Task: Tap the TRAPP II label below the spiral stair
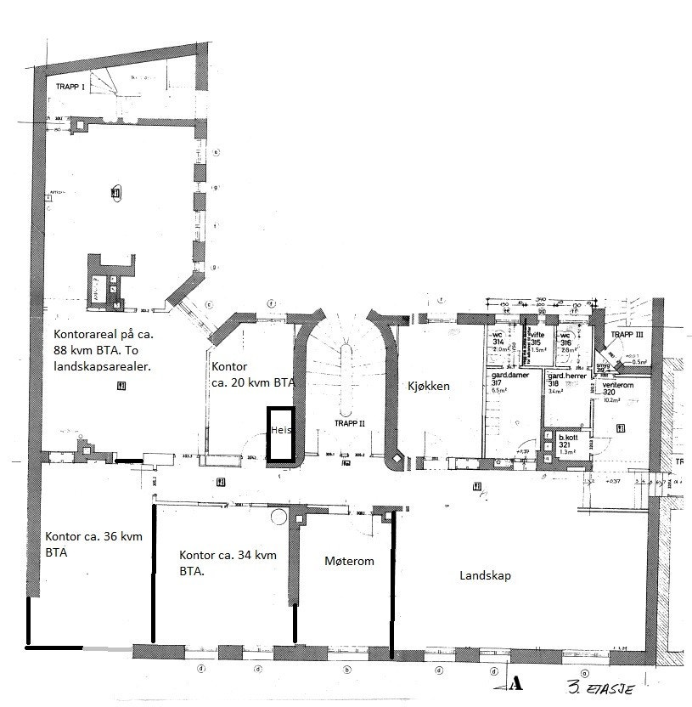point(349,422)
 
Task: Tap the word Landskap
point(485,575)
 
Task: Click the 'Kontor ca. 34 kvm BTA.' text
point(228,563)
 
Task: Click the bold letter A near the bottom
point(515,682)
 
